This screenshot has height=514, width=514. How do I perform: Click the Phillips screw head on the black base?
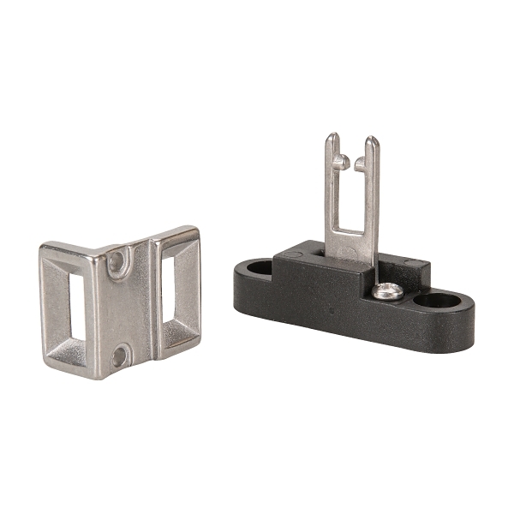[388, 291]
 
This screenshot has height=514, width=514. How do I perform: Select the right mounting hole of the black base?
[439, 301]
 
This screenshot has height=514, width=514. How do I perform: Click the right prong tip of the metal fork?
[371, 141]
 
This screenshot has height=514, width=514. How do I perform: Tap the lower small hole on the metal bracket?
[119, 354]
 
